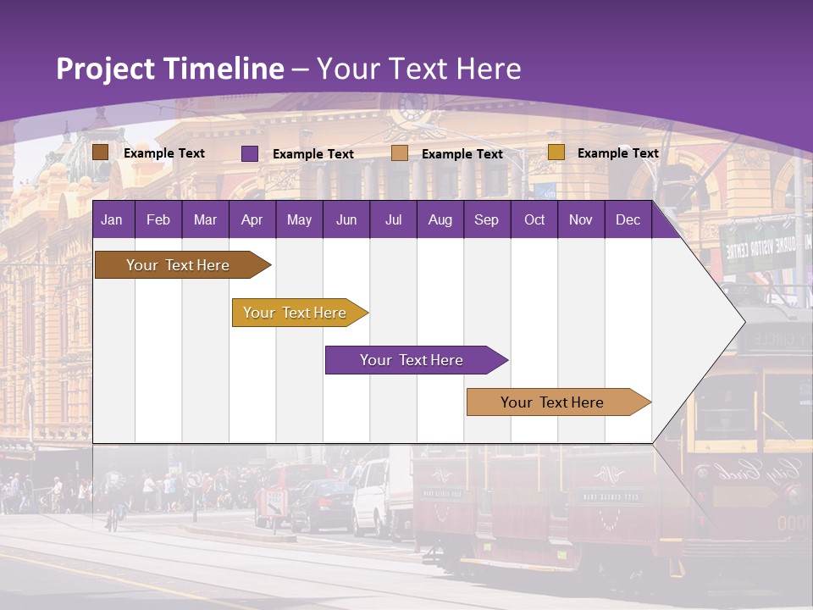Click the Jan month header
coord(112,219)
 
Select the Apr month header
coord(252,219)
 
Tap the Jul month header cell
coord(393,219)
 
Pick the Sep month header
coord(486,219)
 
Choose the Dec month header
coord(628,219)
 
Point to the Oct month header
coord(534,219)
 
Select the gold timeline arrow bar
coord(296,313)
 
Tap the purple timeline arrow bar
coord(412,360)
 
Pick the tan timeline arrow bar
coord(554,402)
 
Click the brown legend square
coord(100,152)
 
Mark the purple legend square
coord(249,153)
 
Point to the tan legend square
coord(400,153)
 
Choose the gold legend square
coord(556,152)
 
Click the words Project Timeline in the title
coord(169,69)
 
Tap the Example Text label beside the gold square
coord(617,152)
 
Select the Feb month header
coord(158,219)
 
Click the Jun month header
coord(346,219)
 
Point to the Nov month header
coord(580,219)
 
